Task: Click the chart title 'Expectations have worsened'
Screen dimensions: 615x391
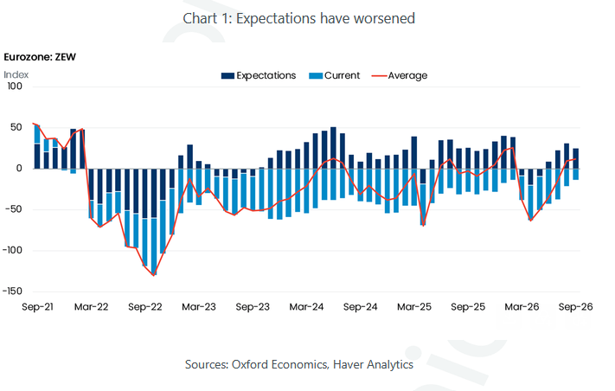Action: [325, 18]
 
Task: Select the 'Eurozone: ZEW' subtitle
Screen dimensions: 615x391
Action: [40, 57]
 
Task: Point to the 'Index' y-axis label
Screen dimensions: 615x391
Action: [16, 74]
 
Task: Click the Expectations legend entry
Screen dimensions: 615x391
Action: [259, 75]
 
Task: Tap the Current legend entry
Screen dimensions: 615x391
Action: [334, 75]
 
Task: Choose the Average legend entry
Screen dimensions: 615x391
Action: [400, 75]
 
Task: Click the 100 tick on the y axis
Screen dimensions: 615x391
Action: [15, 87]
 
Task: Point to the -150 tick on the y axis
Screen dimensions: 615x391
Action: [13, 292]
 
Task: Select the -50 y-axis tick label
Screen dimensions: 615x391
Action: [14, 209]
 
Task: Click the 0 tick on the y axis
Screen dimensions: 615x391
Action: [19, 169]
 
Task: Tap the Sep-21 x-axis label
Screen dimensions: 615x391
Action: [37, 307]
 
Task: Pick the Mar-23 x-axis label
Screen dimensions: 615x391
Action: [199, 307]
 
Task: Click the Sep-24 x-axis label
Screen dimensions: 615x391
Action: [361, 307]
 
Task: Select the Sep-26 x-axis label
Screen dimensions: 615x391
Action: [576, 307]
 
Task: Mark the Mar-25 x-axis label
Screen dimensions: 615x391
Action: [414, 307]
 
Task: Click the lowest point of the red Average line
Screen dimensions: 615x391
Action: [154, 275]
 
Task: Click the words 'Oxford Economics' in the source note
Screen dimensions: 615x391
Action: [279, 364]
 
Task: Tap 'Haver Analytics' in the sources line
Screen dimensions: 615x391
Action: [373, 364]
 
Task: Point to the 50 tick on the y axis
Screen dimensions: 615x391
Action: [16, 127]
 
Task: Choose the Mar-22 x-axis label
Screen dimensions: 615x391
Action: [92, 307]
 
